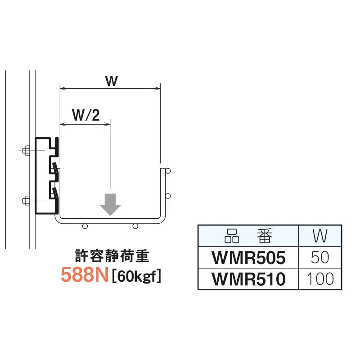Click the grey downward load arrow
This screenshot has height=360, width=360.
pyautogui.click(x=110, y=204)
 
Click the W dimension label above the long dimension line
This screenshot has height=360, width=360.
pyautogui.click(x=112, y=81)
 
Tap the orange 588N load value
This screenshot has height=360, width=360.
pyautogui.click(x=85, y=275)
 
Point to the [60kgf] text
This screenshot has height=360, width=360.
pyautogui.click(x=137, y=276)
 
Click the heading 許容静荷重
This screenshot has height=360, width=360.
pyautogui.click(x=112, y=256)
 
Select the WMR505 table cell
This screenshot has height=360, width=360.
pyautogui.click(x=248, y=257)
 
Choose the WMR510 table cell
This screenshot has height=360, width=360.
pyautogui.click(x=248, y=279)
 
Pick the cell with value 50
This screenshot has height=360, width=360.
pyautogui.click(x=320, y=257)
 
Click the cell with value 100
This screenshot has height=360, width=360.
pyautogui.click(x=320, y=279)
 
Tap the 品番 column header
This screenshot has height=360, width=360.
pyautogui.click(x=248, y=236)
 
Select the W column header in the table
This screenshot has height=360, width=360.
pyautogui.click(x=320, y=236)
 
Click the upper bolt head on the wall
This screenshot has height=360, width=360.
pyautogui.click(x=27, y=151)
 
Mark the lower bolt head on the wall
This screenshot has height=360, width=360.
pyautogui.click(x=27, y=201)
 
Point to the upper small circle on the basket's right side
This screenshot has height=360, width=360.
pyautogui.click(x=168, y=171)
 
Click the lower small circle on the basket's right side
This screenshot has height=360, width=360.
pyautogui.click(x=168, y=196)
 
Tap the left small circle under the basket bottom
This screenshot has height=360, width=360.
pyautogui.click(x=85, y=226)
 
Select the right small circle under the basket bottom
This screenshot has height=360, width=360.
pyautogui.click(x=135, y=226)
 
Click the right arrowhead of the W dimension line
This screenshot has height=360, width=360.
pyautogui.click(x=157, y=88)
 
